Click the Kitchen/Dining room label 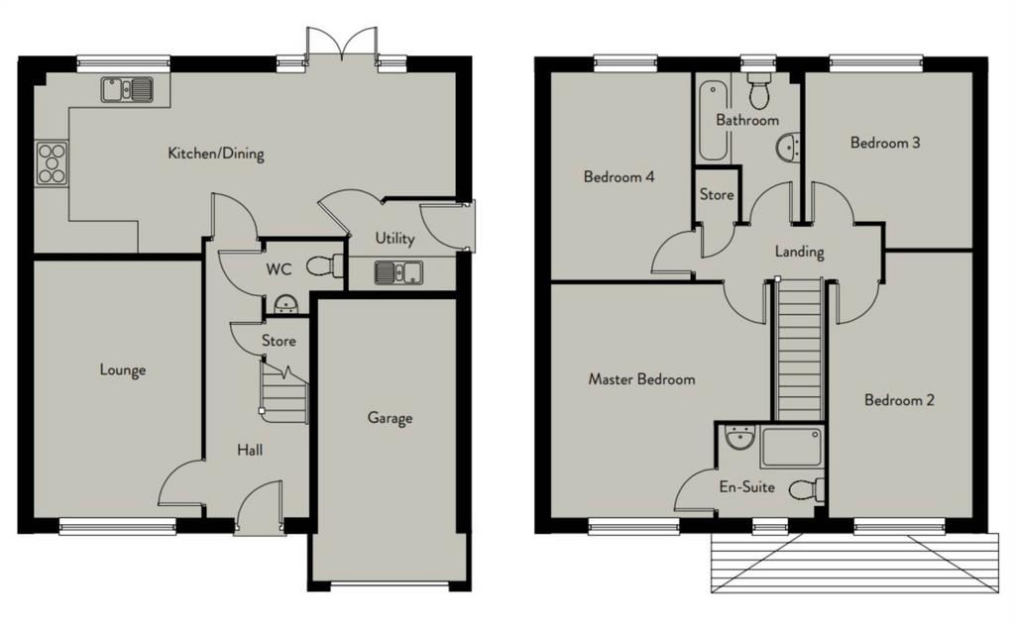[215, 154]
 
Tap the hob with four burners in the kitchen [52, 163]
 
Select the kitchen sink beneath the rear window [127, 90]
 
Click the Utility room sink [398, 272]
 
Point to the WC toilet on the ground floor [324, 265]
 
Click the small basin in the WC [285, 304]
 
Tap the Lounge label [122, 370]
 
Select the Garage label [390, 418]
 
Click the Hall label [249, 450]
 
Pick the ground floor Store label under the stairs [279, 341]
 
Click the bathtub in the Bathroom [713, 120]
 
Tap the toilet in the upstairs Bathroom [758, 90]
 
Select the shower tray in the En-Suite [792, 447]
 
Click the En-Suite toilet [807, 489]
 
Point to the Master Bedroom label [641, 379]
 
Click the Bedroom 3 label [885, 143]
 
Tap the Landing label [800, 251]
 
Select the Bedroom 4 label [619, 176]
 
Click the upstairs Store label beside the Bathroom [717, 194]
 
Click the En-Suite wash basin [739, 438]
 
